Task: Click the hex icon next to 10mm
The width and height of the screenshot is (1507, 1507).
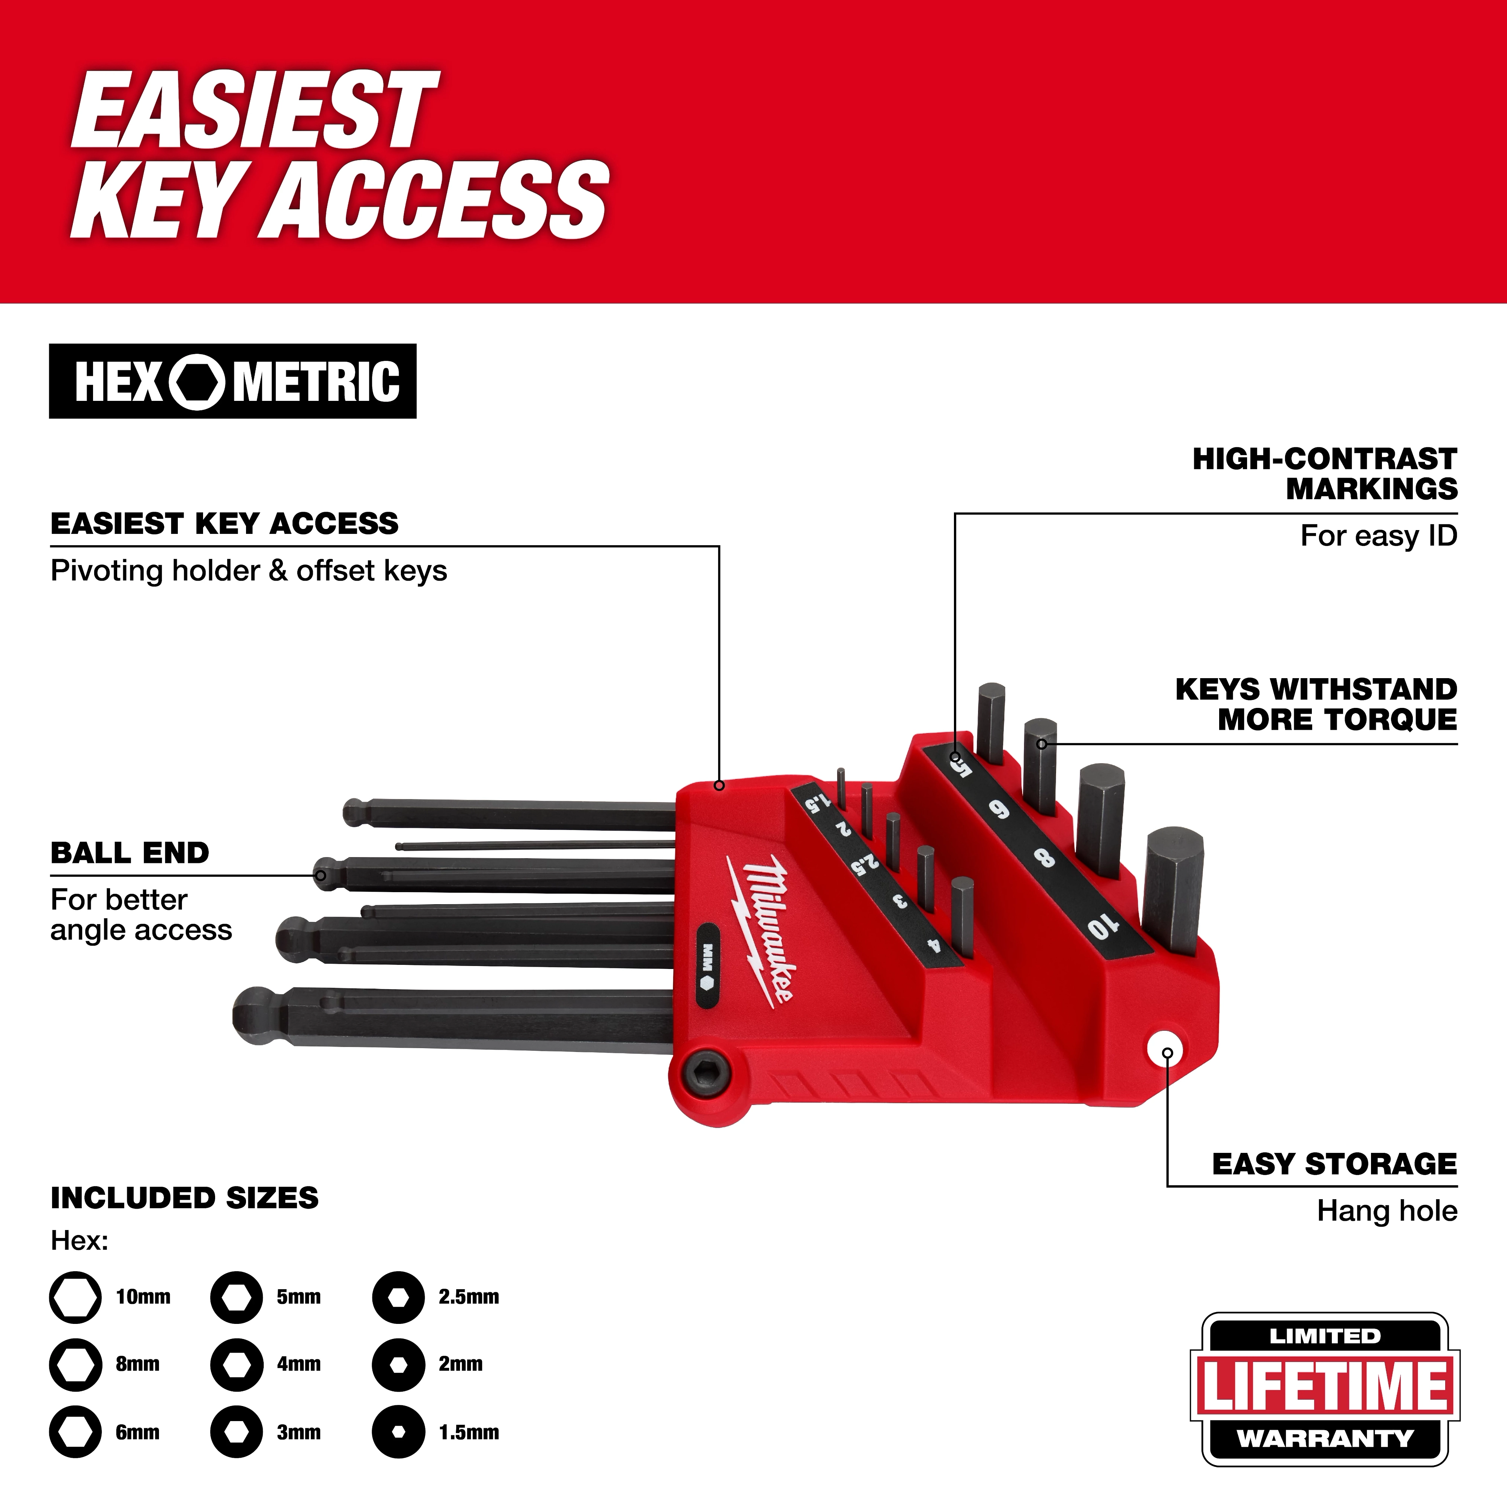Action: point(76,1297)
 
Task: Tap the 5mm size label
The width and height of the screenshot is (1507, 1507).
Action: point(299,1297)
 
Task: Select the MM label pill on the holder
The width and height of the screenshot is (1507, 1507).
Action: point(708,966)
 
